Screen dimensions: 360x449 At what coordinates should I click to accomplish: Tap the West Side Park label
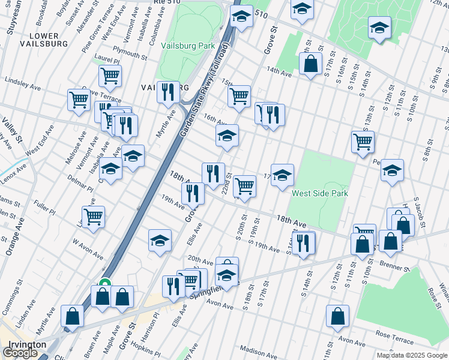(319, 194)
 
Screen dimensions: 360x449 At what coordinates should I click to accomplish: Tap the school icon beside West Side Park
(282, 175)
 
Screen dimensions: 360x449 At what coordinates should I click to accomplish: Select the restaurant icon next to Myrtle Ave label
(168, 92)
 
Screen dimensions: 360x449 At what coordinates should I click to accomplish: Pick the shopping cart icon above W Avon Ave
(94, 217)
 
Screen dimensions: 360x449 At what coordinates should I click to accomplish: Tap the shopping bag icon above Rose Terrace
(338, 316)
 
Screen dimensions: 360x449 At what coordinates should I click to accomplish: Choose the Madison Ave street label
(258, 350)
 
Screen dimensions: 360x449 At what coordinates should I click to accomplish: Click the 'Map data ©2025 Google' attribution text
(412, 355)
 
